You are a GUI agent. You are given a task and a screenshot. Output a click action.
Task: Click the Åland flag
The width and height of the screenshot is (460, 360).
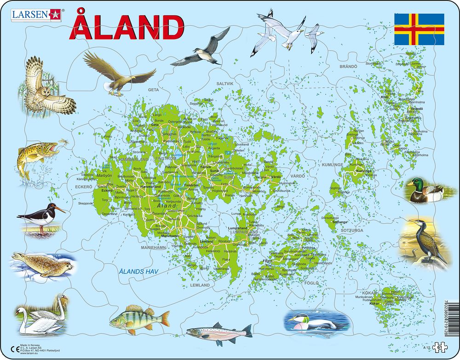click(x=419, y=29)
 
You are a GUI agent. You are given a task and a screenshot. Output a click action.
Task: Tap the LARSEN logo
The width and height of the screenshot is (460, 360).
click(x=36, y=14)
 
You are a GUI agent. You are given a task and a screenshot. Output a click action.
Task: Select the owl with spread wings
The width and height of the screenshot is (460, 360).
click(x=44, y=87)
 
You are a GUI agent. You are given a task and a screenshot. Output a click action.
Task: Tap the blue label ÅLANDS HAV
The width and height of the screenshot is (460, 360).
click(x=138, y=272)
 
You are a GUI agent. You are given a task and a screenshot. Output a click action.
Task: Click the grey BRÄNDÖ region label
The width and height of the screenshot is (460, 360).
click(x=348, y=67)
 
